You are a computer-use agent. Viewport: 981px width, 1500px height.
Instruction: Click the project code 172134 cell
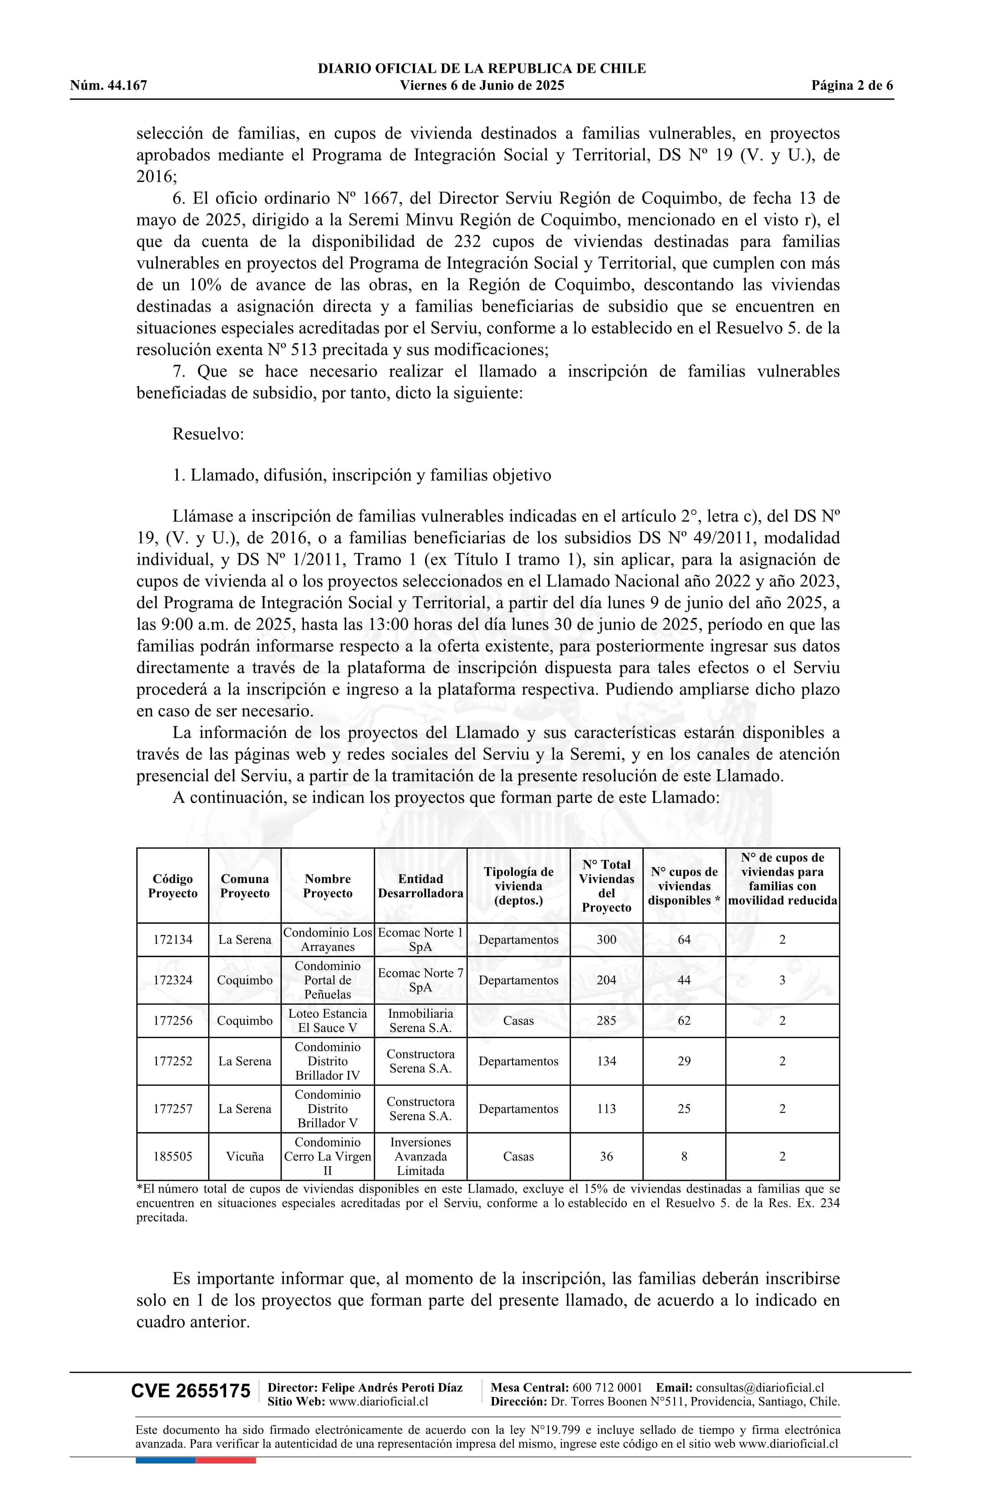[x=173, y=939]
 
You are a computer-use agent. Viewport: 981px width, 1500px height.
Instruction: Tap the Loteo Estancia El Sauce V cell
[x=327, y=1020]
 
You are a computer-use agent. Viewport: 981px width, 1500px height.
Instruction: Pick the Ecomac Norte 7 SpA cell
[x=420, y=980]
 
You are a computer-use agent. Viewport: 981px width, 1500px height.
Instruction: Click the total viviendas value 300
[x=607, y=939]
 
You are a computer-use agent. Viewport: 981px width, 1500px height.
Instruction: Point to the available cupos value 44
[x=684, y=980]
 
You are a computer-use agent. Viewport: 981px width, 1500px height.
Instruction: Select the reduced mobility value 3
[x=782, y=980]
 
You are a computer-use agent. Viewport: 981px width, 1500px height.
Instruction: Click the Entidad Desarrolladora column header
[x=420, y=885]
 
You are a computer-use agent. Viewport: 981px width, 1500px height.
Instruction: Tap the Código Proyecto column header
[x=173, y=885]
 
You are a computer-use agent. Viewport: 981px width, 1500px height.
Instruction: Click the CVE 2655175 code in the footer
[x=190, y=1408]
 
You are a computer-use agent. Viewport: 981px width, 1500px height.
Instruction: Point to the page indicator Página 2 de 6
[x=852, y=86]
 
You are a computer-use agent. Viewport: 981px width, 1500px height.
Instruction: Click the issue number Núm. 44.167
[x=108, y=86]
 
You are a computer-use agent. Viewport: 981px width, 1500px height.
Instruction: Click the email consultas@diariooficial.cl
[x=760, y=1400]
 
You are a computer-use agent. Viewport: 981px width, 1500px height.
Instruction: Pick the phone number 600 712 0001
[x=607, y=1400]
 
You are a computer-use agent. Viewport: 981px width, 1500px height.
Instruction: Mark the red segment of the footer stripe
[x=226, y=1460]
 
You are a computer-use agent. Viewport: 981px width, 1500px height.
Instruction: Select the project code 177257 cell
[x=173, y=1108]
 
